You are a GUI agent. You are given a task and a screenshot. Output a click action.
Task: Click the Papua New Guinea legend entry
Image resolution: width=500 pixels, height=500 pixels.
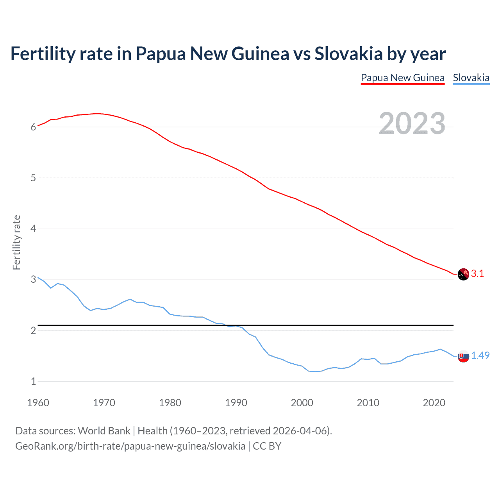(402, 78)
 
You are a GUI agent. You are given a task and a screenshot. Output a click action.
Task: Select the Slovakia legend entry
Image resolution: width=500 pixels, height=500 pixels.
(471, 78)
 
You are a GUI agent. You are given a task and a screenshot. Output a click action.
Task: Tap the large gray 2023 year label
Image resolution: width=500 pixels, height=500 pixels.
(412, 123)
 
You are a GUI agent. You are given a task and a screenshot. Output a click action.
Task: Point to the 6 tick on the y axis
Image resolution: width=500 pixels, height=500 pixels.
(34, 127)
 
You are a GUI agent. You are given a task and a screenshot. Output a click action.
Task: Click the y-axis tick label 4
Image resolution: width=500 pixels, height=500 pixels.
(34, 229)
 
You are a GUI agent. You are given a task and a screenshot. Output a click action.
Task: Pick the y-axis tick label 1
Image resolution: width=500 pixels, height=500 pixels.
(34, 381)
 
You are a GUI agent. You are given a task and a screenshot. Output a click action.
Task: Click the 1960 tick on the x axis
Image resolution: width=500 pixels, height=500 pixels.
(38, 403)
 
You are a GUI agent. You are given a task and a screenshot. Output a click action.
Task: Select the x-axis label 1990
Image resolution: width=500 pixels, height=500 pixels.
(236, 403)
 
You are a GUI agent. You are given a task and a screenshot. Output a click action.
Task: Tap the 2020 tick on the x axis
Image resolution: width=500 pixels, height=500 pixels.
(434, 403)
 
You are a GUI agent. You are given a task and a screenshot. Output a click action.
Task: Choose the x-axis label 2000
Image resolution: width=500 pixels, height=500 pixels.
(302, 403)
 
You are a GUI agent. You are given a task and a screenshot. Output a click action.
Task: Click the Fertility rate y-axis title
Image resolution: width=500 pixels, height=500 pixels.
(16, 242)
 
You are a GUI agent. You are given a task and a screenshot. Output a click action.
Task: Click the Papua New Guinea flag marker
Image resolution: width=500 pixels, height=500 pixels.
(463, 274)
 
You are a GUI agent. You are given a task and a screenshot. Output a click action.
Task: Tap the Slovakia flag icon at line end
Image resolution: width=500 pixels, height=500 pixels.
(463, 356)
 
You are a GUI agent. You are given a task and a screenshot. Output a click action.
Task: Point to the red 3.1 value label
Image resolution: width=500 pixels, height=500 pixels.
(477, 274)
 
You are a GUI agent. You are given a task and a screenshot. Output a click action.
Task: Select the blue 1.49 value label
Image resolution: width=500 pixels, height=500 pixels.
(480, 355)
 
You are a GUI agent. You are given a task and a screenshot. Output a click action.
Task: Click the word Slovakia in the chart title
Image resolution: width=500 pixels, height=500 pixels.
(348, 54)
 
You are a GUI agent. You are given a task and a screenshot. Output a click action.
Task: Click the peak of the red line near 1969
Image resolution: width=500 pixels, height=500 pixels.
(97, 113)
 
